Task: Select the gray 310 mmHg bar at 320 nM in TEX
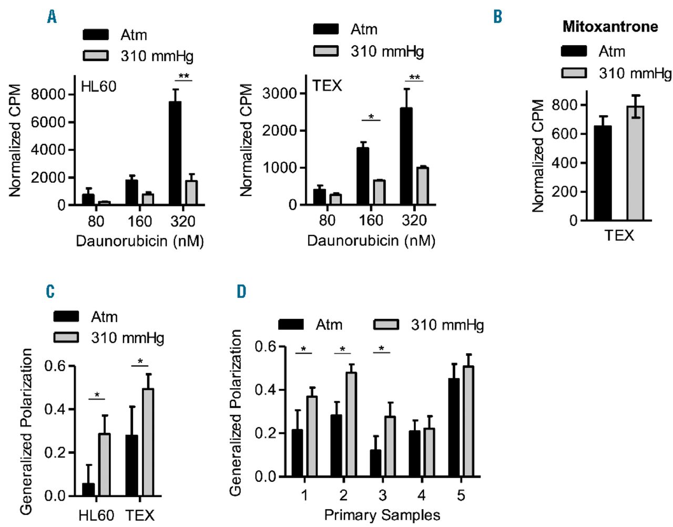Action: tap(422, 186)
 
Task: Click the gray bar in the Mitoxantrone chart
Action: tap(635, 163)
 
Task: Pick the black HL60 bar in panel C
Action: tap(88, 489)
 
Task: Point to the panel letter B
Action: tap(497, 17)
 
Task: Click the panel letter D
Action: tap(241, 292)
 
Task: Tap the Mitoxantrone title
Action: tap(610, 27)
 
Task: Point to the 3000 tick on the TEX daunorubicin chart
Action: tap(280, 94)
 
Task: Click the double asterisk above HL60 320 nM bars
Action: tap(183, 76)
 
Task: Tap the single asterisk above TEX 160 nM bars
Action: tap(371, 117)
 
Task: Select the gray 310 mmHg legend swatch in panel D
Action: tap(386, 325)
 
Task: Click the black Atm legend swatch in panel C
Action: tap(66, 316)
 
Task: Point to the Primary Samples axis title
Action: tap(382, 515)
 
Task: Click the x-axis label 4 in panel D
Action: tap(422, 495)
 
